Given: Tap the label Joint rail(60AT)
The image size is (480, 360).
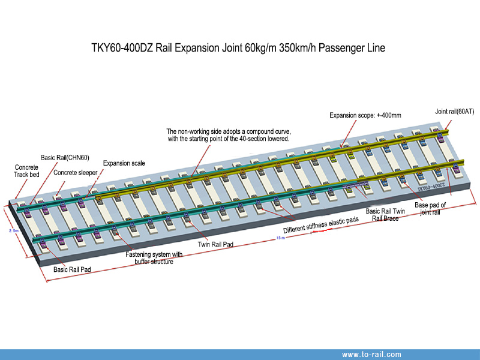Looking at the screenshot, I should (x=455, y=112).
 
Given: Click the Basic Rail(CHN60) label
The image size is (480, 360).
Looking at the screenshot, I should (x=65, y=158).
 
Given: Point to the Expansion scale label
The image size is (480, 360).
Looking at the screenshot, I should (x=124, y=163).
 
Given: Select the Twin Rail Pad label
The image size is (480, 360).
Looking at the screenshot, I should (x=215, y=244).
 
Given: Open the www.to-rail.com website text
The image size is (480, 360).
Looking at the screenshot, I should (x=371, y=355).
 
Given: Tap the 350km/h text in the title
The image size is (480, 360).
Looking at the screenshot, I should (x=301, y=47).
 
